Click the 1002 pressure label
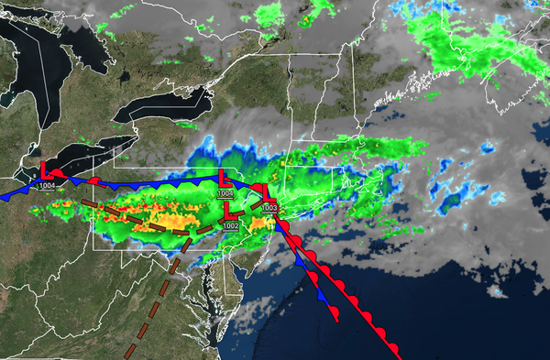click(230, 225)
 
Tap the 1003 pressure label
click(269, 209)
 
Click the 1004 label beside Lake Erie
click(47, 186)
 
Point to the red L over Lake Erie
click(45, 171)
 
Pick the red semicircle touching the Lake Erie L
click(57, 172)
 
